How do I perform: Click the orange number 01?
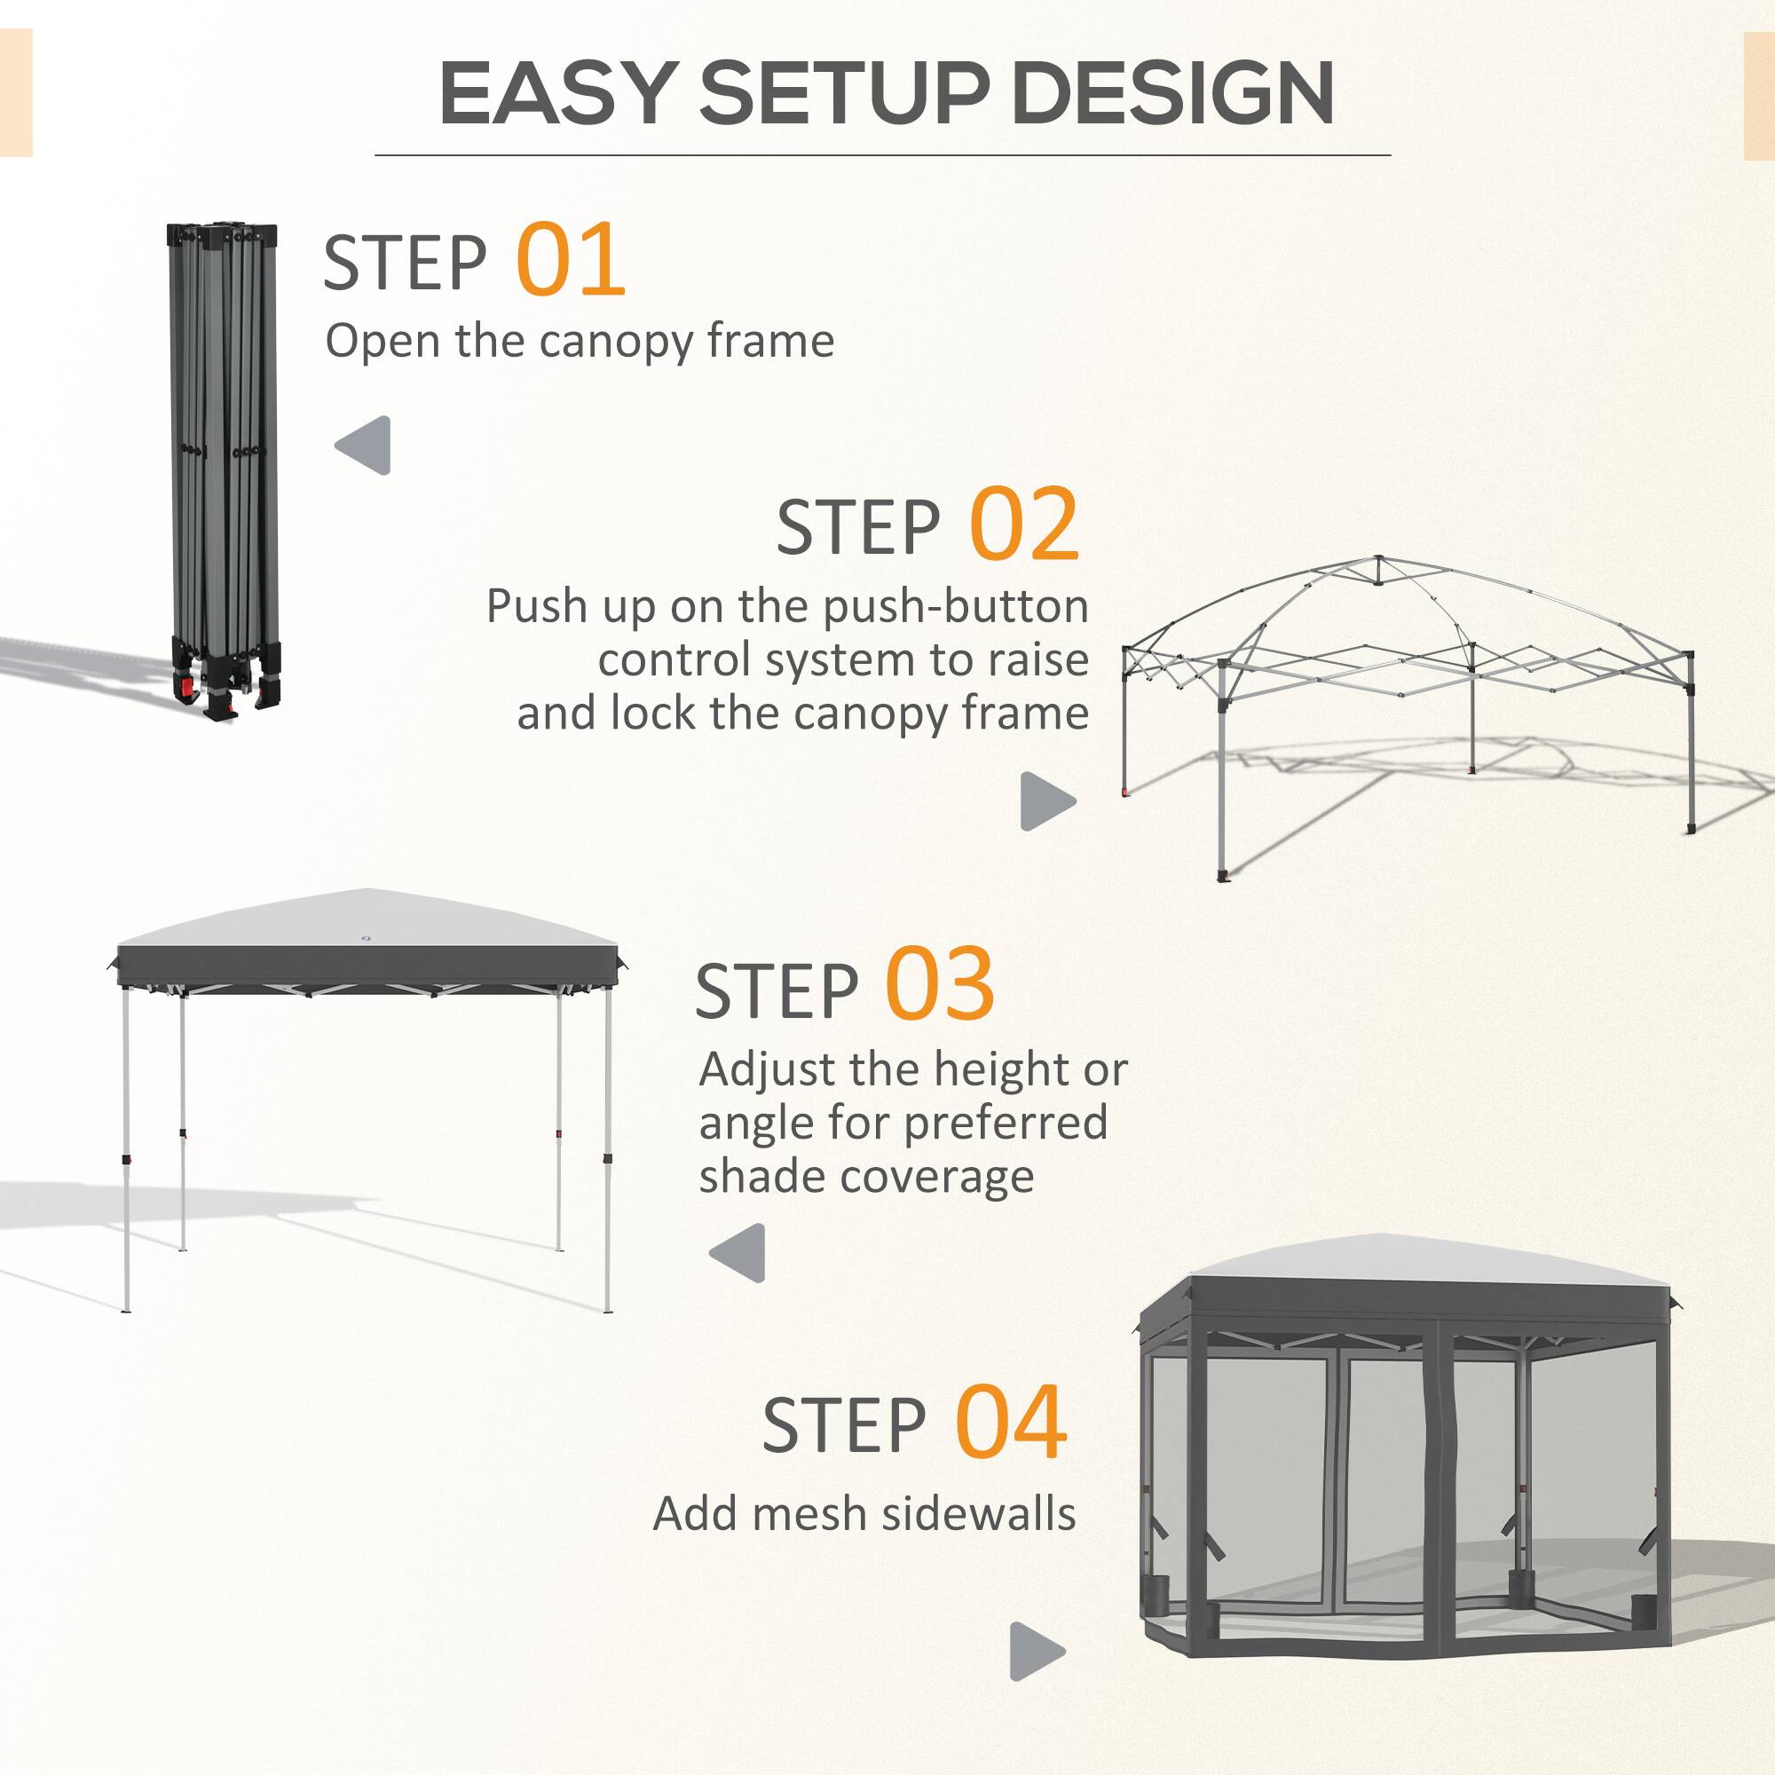click(x=571, y=260)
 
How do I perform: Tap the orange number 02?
click(x=1023, y=525)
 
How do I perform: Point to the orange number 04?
click(x=1011, y=1424)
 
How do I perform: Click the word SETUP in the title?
click(x=843, y=94)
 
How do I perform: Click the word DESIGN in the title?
click(x=1172, y=94)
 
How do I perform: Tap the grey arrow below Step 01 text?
click(x=365, y=446)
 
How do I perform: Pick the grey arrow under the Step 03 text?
click(x=739, y=1252)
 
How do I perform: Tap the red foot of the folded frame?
click(x=187, y=686)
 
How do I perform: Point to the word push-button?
click(x=956, y=607)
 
